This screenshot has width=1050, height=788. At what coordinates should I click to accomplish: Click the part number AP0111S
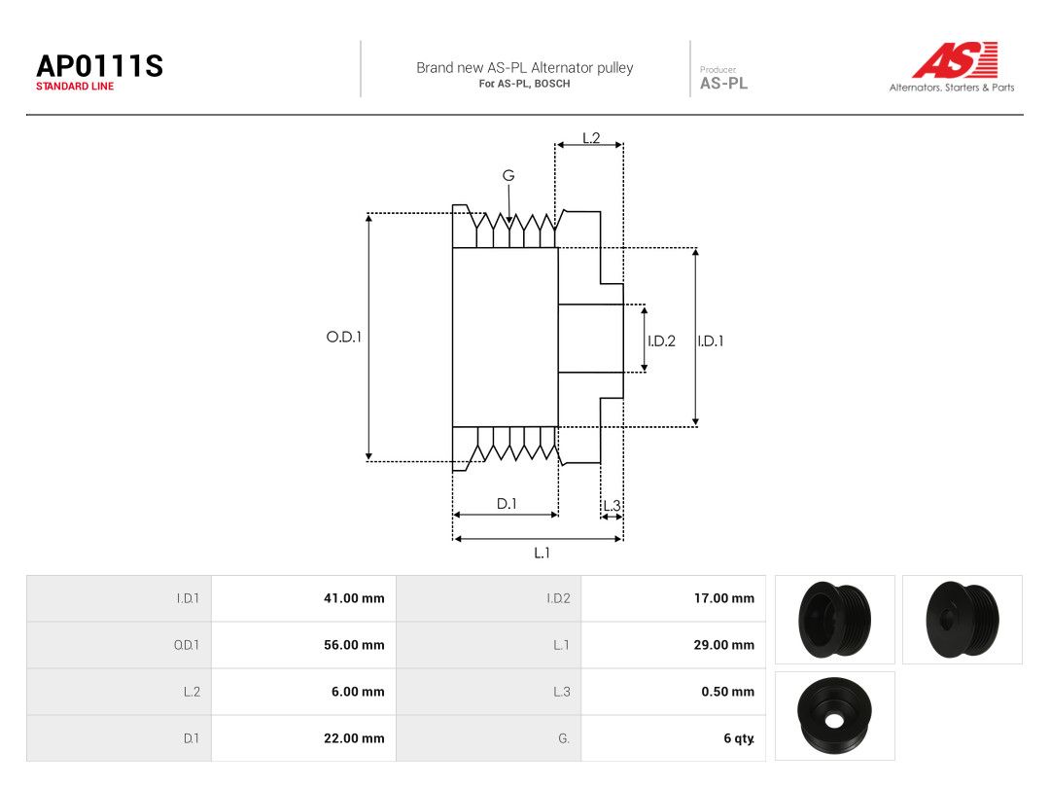pos(100,66)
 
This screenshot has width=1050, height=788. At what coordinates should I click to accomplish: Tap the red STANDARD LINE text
pos(75,87)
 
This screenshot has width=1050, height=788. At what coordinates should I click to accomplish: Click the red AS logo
pos(956,59)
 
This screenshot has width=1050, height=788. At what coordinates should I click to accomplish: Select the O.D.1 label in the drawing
pos(343,337)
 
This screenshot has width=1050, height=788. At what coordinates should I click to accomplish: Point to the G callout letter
pos(508,175)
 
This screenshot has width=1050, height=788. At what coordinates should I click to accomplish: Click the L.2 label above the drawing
pos(591,138)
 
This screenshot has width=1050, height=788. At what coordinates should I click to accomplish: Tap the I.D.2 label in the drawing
pos(662,341)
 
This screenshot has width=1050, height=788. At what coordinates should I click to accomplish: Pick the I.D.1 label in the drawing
pos(711,341)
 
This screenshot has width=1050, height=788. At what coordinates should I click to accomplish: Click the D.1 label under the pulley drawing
pos(507,504)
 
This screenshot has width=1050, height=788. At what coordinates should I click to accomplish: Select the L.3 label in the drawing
pos(612,506)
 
